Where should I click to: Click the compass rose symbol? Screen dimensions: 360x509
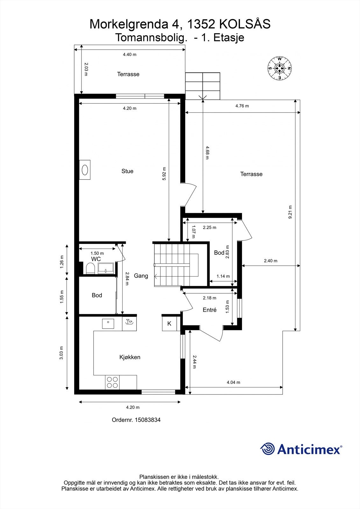coord(279,68)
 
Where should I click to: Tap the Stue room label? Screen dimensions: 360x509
coord(127,171)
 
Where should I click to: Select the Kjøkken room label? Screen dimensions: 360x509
coord(130,357)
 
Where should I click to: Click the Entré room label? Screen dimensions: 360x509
coord(209,310)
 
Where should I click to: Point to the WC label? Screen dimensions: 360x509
coord(96,259)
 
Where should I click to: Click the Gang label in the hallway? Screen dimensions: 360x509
coord(141,275)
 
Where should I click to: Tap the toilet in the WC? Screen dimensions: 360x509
coord(90,268)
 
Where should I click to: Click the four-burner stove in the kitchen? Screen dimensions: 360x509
coord(112,382)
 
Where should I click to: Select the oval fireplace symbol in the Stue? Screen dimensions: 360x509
coord(85,170)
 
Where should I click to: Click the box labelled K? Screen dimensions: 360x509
coord(169,324)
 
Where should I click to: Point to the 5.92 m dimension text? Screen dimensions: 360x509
coord(164,174)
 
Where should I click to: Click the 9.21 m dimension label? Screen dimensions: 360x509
coord(290,212)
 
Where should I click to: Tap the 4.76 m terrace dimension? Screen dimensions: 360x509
coord(242,106)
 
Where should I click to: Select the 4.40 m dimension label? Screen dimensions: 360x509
coord(130,54)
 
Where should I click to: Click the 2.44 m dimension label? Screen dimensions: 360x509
coord(194,362)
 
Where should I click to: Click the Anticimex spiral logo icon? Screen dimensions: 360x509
coord(267,449)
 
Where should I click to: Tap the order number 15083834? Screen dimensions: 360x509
coord(148,420)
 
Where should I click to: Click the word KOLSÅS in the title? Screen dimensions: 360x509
coord(245,24)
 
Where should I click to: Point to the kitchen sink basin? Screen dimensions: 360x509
coord(108,324)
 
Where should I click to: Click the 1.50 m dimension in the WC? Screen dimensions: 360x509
coord(97,253)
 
